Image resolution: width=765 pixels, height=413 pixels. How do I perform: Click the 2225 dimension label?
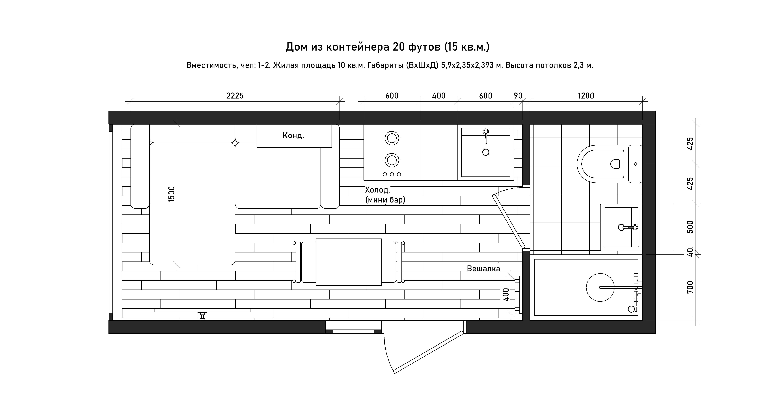click(235, 96)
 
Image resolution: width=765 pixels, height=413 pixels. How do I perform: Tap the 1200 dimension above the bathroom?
click(586, 96)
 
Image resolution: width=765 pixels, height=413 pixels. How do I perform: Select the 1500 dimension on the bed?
click(172, 194)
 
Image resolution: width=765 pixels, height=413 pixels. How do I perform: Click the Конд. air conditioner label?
click(293, 136)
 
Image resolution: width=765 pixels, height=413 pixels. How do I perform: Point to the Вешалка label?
click(483, 269)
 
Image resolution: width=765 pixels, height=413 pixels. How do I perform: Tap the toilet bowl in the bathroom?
click(603, 164)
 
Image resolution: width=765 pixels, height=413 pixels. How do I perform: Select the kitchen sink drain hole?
click(486, 152)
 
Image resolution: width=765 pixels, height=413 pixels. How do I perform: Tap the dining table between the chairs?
click(349, 262)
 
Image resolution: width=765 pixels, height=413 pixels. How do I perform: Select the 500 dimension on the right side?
click(690, 227)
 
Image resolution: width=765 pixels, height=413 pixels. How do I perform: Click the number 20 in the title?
click(399, 47)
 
